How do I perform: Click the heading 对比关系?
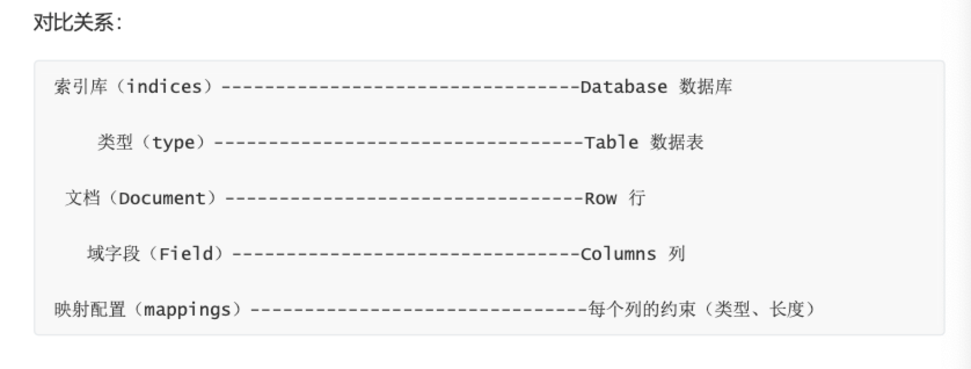pyautogui.click(x=76, y=24)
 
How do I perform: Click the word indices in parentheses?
pyautogui.click(x=164, y=87)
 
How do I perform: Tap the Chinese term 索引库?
pyautogui.click(x=81, y=87)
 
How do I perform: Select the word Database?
pyautogui.click(x=623, y=87)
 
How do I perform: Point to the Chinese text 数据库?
pyautogui.click(x=706, y=87)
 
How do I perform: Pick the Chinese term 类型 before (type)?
pyautogui.click(x=115, y=143)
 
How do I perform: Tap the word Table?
pyautogui.click(x=611, y=143)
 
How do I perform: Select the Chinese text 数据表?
pyautogui.click(x=677, y=143)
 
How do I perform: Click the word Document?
pyautogui.click(x=162, y=198)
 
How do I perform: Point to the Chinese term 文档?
pyautogui.click(x=82, y=198)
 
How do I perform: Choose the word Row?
pyautogui.click(x=600, y=198)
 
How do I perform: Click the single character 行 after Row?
pyautogui.click(x=637, y=198)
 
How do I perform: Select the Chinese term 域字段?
pyautogui.click(x=114, y=254)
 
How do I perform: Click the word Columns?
pyautogui.click(x=618, y=254)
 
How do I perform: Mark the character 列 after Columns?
pyautogui.click(x=676, y=254)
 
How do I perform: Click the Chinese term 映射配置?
pyautogui.click(x=90, y=310)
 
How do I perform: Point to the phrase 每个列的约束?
pyautogui.click(x=641, y=310)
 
